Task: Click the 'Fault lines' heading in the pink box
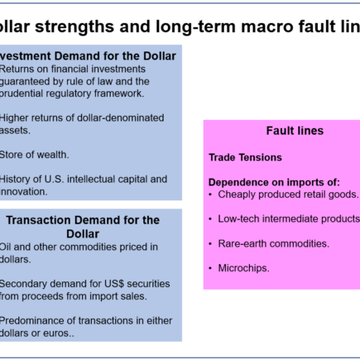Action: [295, 131]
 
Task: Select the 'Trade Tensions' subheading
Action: [245, 157]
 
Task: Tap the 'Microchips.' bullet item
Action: [243, 267]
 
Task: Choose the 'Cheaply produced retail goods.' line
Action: [288, 194]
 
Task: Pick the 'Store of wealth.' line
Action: [35, 154]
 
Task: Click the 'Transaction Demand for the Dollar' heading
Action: [83, 227]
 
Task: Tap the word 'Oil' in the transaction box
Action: [7, 247]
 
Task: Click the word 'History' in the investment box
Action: [17, 179]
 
